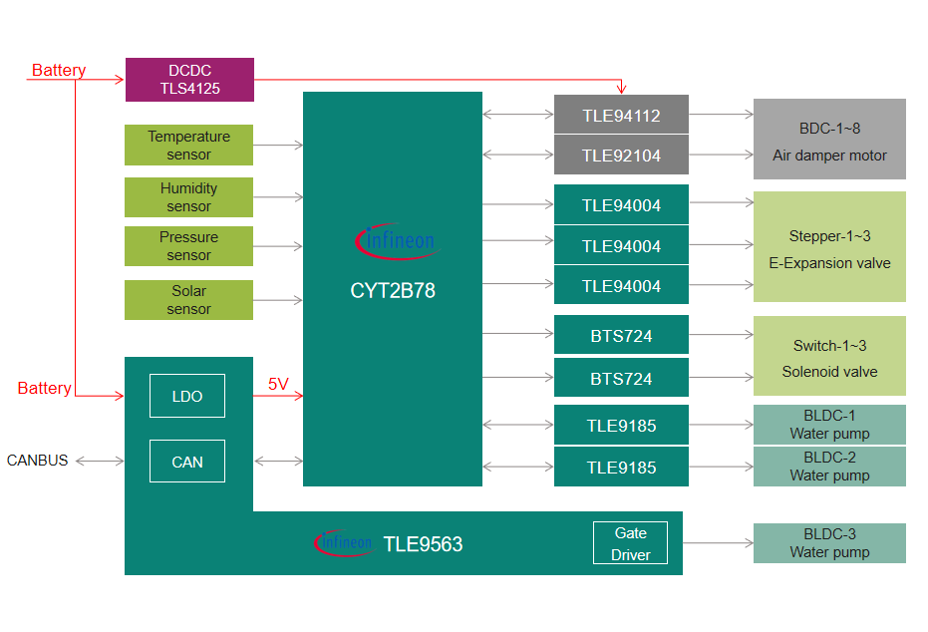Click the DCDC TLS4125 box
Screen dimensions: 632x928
[x=189, y=80]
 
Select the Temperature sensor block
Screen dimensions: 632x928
[x=188, y=146]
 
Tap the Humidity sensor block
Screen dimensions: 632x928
[x=188, y=197]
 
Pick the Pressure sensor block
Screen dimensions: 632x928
[x=188, y=246]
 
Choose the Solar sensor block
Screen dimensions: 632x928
[x=188, y=300]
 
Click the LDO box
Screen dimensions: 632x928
[x=187, y=396]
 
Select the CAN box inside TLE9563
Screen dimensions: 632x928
[x=187, y=462]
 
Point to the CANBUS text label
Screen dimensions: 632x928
[x=38, y=461]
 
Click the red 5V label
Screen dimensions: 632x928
[x=278, y=384]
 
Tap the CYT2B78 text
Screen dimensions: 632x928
[x=393, y=292]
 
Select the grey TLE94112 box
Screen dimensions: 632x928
[x=621, y=116]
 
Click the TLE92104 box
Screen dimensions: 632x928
[x=621, y=156]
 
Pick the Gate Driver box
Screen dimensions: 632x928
[x=630, y=544]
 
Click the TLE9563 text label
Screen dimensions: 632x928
[x=423, y=544]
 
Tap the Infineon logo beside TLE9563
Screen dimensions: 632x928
[x=344, y=542]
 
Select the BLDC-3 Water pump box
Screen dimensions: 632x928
[x=829, y=543]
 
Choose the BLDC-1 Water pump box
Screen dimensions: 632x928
[x=829, y=425]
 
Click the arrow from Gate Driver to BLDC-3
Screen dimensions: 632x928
[x=718, y=543]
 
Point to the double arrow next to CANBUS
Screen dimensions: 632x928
[x=100, y=462]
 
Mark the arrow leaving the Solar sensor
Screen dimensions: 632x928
[x=278, y=300]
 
